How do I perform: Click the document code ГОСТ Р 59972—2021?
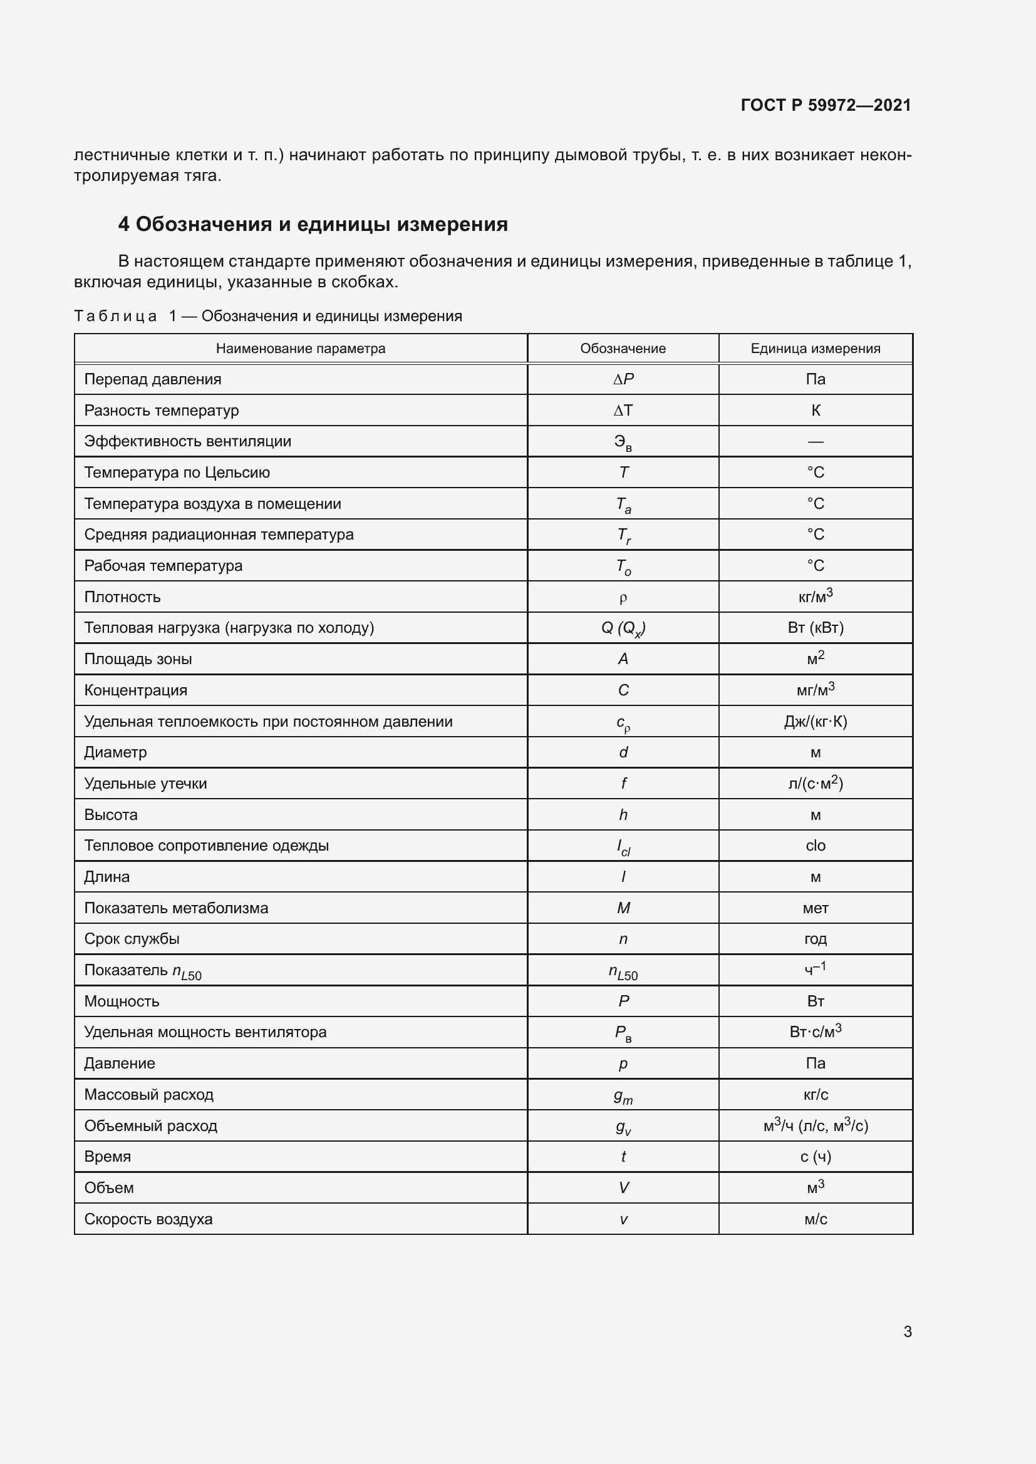coord(826,105)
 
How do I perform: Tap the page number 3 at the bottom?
coord(907,1331)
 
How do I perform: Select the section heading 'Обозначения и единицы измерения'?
coord(321,225)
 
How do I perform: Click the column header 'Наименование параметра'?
coord(301,349)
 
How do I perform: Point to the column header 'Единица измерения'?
coord(816,349)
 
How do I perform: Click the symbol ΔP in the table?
coord(623,379)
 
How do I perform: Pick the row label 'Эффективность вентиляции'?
coord(187,441)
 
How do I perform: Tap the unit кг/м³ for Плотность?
coord(816,597)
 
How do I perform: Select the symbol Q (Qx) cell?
coord(623,628)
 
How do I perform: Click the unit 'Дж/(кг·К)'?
coord(816,722)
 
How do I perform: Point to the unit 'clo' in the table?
coord(816,846)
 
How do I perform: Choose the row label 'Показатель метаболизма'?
coord(176,908)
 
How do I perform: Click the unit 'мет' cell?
coord(816,908)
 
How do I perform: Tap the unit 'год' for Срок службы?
coord(816,939)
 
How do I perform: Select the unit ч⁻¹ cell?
coord(816,970)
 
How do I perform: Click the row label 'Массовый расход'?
coord(148,1095)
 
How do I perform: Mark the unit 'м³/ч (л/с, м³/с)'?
coord(816,1126)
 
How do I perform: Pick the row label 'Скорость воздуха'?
coord(148,1219)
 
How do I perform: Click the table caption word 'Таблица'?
coord(115,316)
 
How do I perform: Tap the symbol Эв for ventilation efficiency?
coord(623,443)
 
